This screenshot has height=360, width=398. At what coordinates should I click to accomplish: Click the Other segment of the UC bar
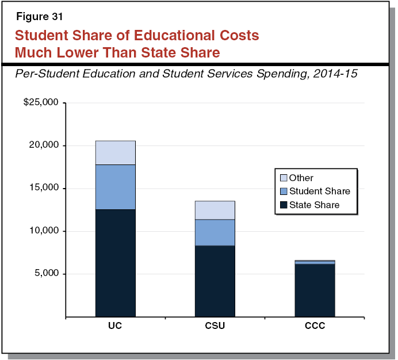(x=115, y=152)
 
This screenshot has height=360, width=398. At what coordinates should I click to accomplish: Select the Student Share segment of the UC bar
(x=115, y=187)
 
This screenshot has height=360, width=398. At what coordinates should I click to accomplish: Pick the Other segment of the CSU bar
(x=215, y=210)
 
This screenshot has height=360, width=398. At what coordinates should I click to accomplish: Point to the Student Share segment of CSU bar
(x=215, y=232)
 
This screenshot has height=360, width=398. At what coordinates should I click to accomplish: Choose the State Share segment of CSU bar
(x=215, y=281)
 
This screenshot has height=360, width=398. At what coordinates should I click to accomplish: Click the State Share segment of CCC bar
(x=315, y=290)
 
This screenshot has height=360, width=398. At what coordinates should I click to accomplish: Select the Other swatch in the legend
(x=282, y=178)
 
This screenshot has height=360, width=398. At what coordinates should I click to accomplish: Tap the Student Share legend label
(x=319, y=192)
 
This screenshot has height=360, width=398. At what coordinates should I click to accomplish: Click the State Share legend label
(x=314, y=205)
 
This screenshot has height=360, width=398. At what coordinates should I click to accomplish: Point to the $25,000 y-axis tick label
(x=41, y=103)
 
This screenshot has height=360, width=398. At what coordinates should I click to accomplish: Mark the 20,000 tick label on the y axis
(x=44, y=145)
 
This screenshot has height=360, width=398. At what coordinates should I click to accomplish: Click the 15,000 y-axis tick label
(x=44, y=188)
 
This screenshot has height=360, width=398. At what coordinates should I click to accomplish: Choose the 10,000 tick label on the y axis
(x=44, y=231)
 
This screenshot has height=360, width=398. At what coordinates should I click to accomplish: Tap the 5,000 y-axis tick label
(x=46, y=274)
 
